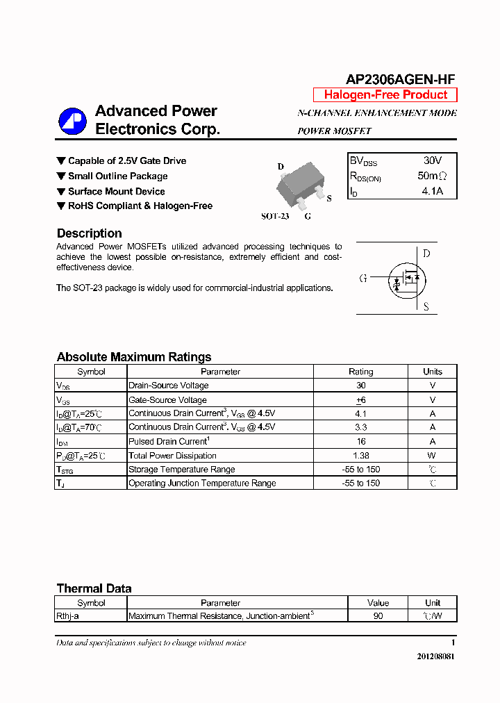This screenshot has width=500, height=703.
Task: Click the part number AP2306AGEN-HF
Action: point(400,80)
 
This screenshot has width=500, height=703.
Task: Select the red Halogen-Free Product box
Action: point(385,95)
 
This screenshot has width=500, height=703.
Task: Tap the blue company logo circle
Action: point(72,122)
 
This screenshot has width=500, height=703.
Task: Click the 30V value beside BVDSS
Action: point(432,160)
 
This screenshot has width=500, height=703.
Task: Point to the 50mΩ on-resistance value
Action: point(432,176)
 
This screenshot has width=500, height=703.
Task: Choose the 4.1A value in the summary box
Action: point(432,191)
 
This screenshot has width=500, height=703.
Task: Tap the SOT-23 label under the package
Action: point(275,216)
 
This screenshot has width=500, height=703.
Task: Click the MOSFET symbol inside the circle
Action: point(408,279)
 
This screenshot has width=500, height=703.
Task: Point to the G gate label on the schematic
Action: point(363,279)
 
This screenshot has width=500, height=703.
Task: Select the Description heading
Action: point(89,233)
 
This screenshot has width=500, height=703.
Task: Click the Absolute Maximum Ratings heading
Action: point(133,357)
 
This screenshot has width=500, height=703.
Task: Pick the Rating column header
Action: point(360,372)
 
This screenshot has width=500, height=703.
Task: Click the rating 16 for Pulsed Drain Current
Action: point(360,441)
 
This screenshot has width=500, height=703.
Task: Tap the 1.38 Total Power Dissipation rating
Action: point(360,456)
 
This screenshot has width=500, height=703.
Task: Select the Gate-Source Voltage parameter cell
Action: point(167,400)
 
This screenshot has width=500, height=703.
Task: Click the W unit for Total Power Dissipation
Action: point(432,456)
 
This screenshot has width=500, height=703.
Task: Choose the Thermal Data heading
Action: point(94,588)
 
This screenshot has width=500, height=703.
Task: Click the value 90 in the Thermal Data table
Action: point(378,615)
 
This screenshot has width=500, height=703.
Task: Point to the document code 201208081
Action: point(435,656)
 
